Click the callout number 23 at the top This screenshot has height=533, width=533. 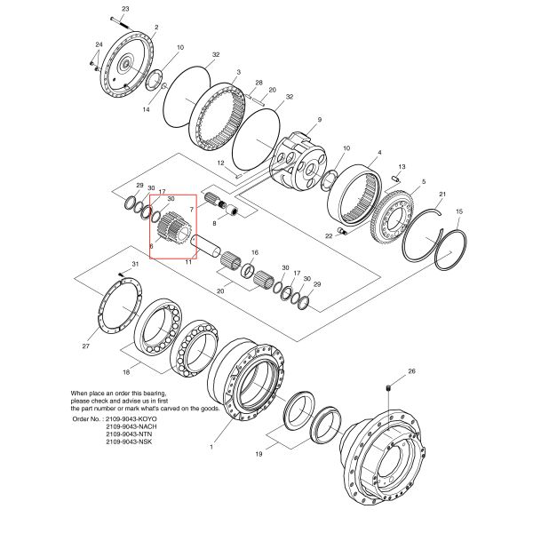124,8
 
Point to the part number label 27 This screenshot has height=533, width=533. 87,346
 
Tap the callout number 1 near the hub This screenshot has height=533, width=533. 211,447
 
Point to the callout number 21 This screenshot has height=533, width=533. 442,194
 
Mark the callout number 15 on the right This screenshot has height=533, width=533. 459,211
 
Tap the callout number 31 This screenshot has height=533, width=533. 135,265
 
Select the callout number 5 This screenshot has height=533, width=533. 423,182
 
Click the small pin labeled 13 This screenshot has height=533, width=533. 395,180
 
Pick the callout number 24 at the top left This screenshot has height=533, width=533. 99,44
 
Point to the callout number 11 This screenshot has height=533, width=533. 187,262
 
